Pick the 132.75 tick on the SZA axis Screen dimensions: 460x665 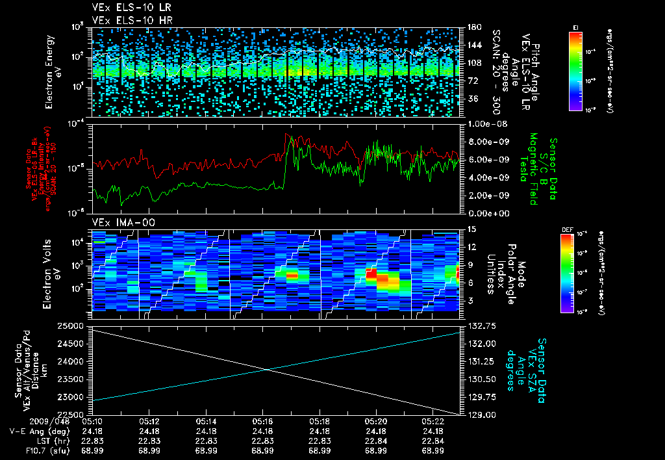[x=481, y=326]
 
